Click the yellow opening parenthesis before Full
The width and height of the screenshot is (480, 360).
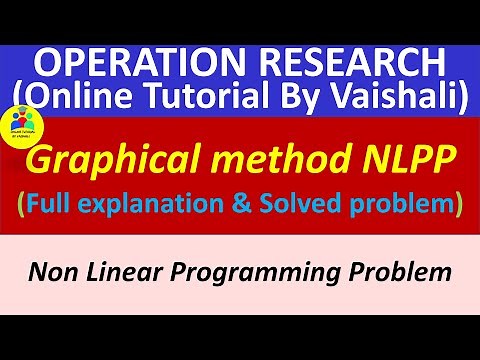pyautogui.click(x=22, y=205)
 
